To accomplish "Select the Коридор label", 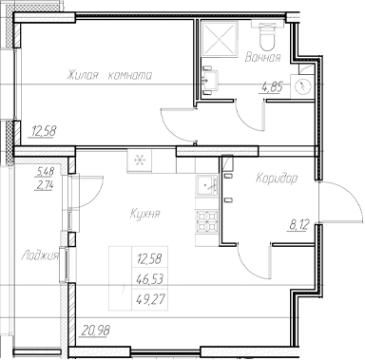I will [278, 178].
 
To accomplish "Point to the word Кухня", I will [144, 215].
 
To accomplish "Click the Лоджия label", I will [39, 255].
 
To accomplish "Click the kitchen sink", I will [202, 186].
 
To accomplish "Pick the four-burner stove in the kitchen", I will [203, 222].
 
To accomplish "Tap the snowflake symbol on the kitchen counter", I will [140, 162].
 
